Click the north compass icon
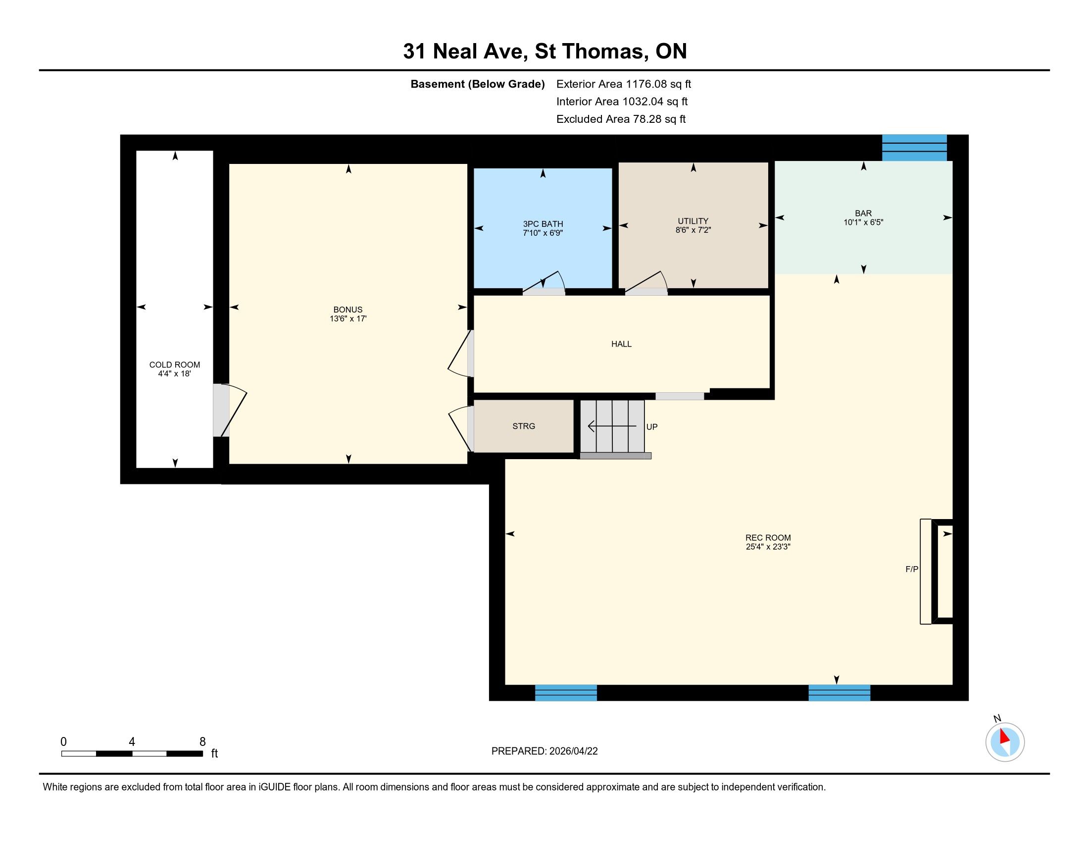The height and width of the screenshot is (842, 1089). pos(1005,742)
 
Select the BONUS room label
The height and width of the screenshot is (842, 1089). pos(348,310)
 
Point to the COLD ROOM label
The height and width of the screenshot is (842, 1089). pos(175,365)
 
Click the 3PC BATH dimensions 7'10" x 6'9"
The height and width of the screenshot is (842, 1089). pos(543,233)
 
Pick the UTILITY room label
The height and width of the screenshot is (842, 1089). pos(693,221)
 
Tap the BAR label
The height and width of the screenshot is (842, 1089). pos(863,213)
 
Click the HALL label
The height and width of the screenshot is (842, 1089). pos(621,344)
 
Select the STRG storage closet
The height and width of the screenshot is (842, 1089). pos(524,426)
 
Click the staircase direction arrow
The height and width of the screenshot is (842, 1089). pos(612,426)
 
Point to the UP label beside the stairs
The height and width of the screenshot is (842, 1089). pos(652,427)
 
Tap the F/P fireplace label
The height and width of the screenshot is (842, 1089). pos(912,569)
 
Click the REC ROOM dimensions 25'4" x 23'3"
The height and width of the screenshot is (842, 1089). pos(768,547)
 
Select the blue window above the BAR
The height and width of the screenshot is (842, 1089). pos(914,148)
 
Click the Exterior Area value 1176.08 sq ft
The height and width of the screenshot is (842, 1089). pos(659,84)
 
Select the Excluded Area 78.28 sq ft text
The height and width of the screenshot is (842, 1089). pos(621,119)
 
